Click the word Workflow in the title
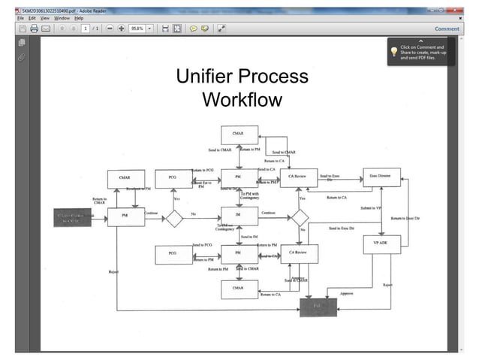coord(242,99)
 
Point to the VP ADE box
coord(381,244)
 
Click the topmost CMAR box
coord(237,136)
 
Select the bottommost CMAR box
coord(237,288)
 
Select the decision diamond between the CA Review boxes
coord(301,217)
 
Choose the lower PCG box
coord(173,255)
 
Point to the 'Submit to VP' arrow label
coord(370,207)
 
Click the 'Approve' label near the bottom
coord(346,292)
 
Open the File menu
coord(21,17)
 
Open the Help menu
coord(78,17)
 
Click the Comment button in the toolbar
coord(447,29)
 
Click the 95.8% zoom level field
coord(137,29)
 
